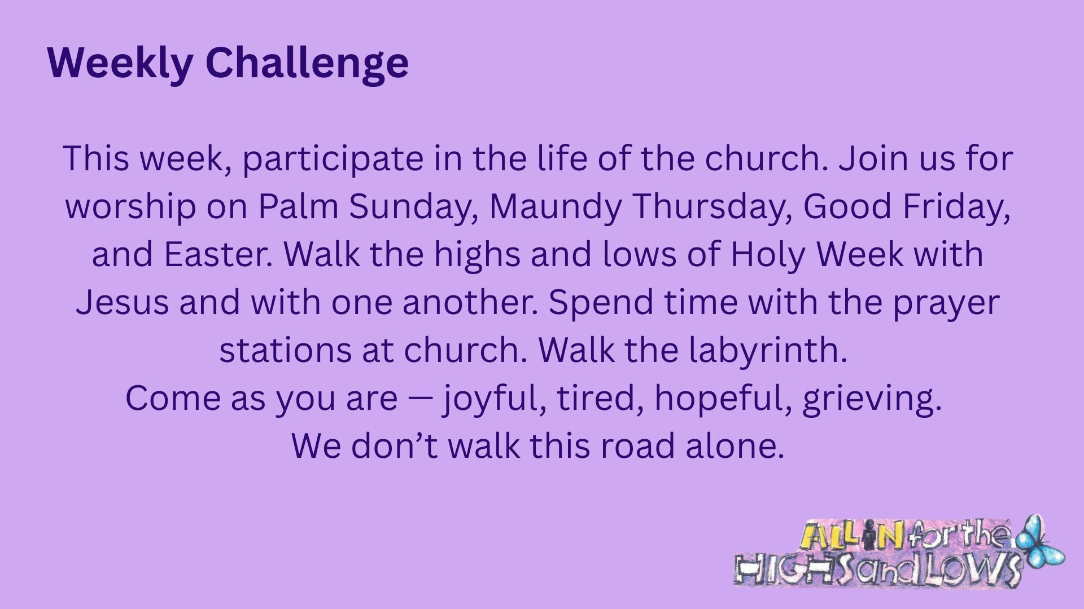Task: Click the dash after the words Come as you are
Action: coord(419,399)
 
